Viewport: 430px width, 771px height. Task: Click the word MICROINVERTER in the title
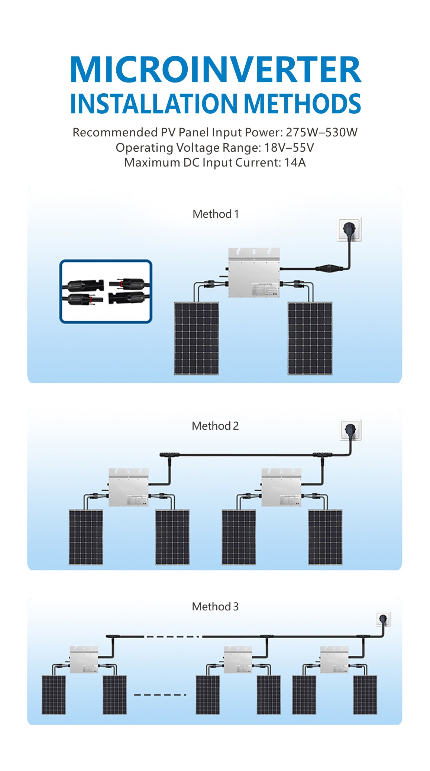click(x=215, y=70)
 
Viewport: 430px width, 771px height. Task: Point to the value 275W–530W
click(x=321, y=132)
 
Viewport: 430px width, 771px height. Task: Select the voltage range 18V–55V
click(x=289, y=148)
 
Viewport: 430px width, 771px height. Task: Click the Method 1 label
click(x=216, y=214)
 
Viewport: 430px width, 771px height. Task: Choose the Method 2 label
click(x=215, y=426)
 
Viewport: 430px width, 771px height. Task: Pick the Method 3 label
click(x=215, y=607)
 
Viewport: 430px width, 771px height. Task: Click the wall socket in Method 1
click(x=349, y=229)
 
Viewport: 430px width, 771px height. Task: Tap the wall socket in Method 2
click(x=351, y=430)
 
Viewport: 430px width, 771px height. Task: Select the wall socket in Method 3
click(x=383, y=620)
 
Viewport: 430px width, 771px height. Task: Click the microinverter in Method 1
click(x=254, y=273)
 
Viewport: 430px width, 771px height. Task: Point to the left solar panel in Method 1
click(x=197, y=338)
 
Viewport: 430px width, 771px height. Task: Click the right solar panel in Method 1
click(x=310, y=338)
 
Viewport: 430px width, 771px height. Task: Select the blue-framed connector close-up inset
click(x=106, y=291)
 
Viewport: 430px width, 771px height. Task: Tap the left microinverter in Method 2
click(x=128, y=487)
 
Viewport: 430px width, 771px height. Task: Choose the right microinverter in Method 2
click(x=281, y=487)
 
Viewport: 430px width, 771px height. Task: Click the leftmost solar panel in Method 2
click(x=86, y=537)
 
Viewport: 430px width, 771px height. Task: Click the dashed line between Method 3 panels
click(x=160, y=694)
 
